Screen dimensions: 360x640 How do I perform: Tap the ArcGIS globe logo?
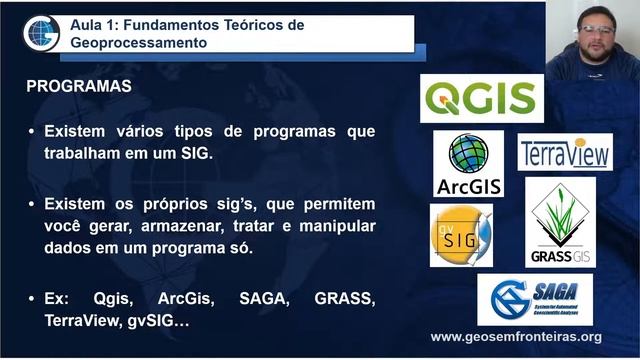(468, 164)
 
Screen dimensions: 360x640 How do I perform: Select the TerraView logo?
(565, 153)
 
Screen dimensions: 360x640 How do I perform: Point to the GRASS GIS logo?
(560, 222)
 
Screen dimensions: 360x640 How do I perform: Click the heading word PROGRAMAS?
(79, 86)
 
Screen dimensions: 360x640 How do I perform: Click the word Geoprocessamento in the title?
(139, 44)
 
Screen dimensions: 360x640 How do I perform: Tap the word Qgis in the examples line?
(114, 299)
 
